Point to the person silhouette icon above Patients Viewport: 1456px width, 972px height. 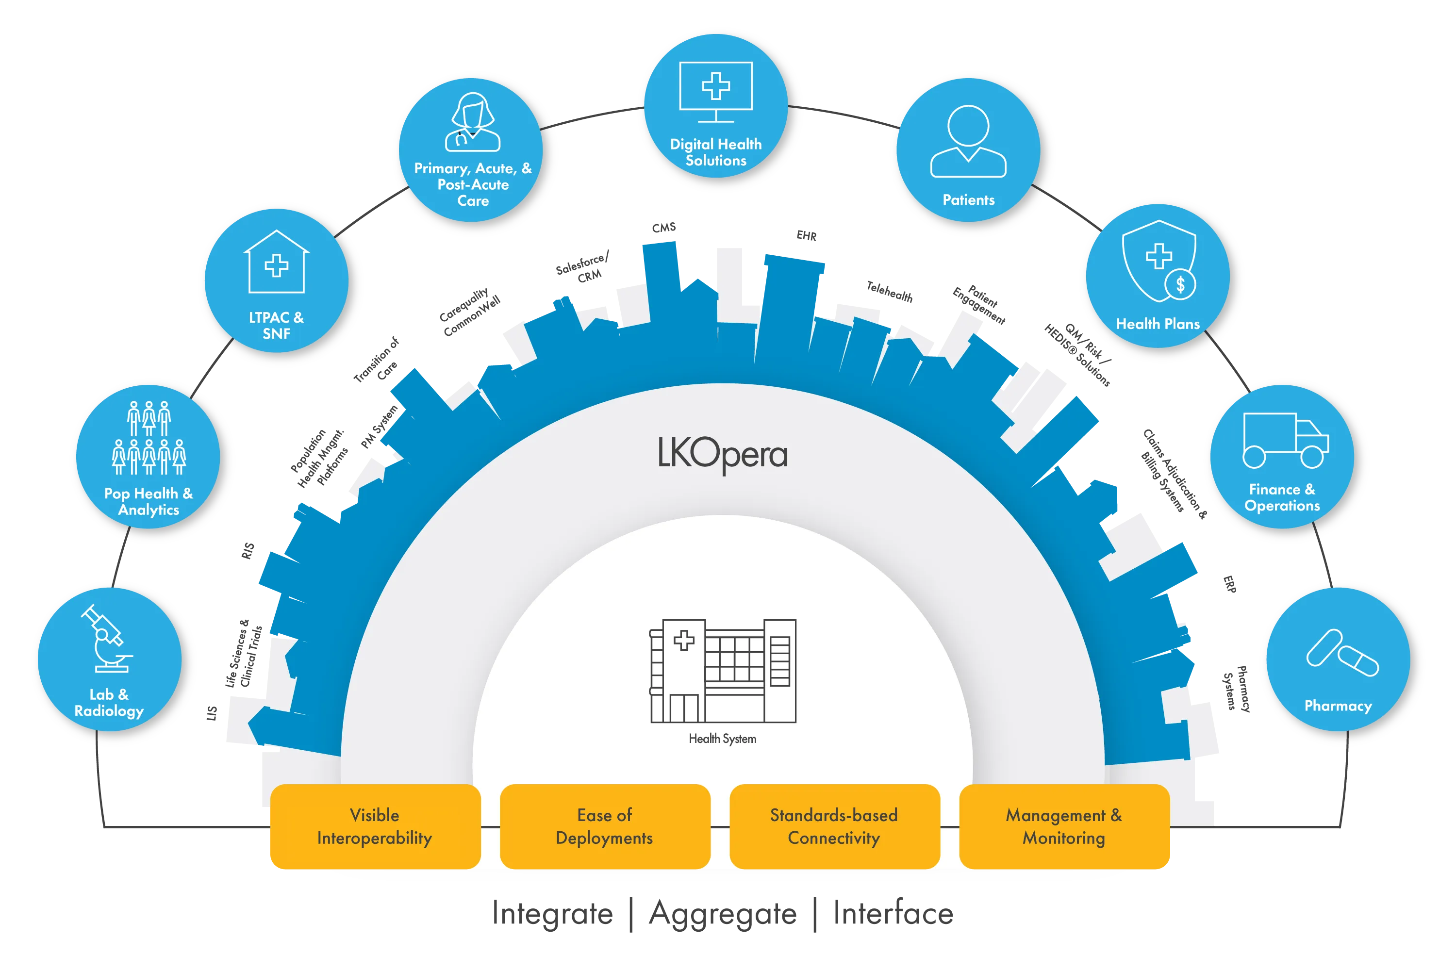(x=968, y=141)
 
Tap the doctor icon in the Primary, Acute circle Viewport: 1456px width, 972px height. (x=473, y=123)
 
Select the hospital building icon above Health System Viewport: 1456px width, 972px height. (x=723, y=671)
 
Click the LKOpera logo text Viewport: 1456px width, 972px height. (x=723, y=455)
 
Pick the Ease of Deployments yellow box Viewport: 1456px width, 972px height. (x=605, y=826)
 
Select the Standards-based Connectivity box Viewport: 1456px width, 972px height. (x=834, y=826)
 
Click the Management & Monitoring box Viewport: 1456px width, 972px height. (x=1064, y=826)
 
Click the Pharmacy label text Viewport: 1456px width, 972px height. (x=1338, y=706)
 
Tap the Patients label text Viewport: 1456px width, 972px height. (x=968, y=199)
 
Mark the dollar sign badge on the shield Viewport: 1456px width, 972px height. (x=1180, y=284)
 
